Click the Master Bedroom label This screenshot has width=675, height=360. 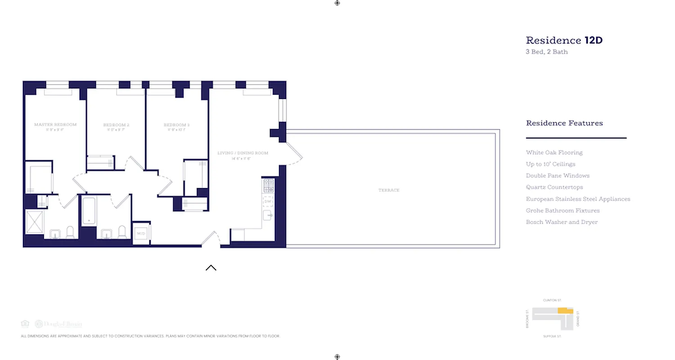click(x=55, y=125)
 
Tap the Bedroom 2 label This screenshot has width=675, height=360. click(x=116, y=125)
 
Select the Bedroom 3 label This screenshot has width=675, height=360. click(x=176, y=125)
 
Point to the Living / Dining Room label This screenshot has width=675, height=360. click(x=243, y=153)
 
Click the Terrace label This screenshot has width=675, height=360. click(x=389, y=190)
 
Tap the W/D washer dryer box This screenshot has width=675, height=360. click(x=141, y=234)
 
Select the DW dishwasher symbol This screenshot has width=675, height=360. click(x=268, y=201)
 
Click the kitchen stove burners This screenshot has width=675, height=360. click(x=268, y=185)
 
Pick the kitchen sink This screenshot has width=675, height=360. click(x=268, y=215)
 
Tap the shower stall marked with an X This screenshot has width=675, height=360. click(x=34, y=222)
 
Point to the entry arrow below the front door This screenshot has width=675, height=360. click(x=211, y=268)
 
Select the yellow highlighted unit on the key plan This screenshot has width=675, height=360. click(x=565, y=311)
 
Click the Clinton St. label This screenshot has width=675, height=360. click(x=552, y=300)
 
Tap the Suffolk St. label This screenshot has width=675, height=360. click(x=552, y=336)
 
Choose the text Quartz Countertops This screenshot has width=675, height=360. click(x=554, y=187)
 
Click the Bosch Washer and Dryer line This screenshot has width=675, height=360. click(x=562, y=222)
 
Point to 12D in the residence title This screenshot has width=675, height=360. click(x=594, y=40)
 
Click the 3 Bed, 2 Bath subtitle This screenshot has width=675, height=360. click(x=547, y=52)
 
